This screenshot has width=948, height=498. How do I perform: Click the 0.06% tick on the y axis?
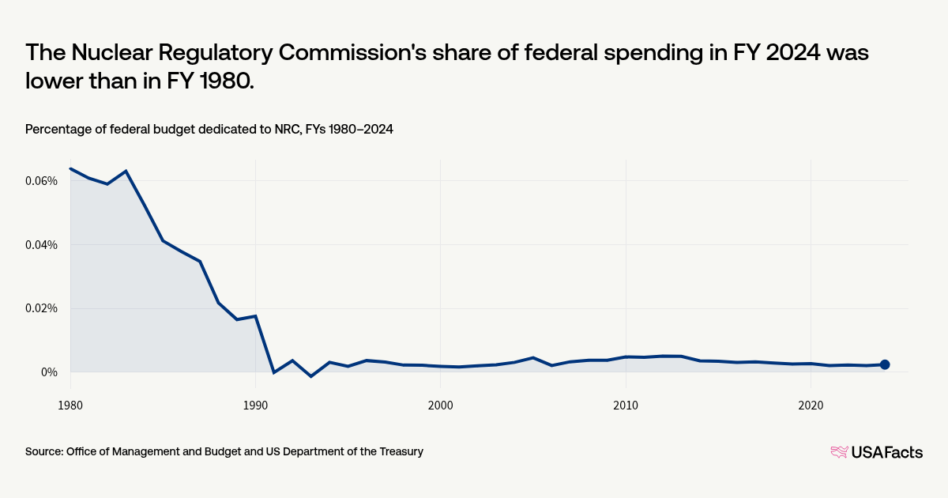pos(41,181)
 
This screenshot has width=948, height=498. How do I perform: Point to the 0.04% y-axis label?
pos(41,244)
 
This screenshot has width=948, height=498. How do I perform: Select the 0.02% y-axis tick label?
pos(41,308)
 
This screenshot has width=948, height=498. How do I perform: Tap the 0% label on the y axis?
pos(48,372)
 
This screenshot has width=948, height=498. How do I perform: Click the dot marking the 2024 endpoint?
pos(885,364)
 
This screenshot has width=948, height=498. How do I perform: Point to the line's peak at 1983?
pos(126,171)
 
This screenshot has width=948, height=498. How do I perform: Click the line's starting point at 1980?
pos(71,168)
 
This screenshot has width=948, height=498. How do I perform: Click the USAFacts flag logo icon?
pos(839,452)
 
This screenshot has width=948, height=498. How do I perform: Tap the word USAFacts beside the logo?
pos(886,452)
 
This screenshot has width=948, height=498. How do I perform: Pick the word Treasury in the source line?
pos(400,451)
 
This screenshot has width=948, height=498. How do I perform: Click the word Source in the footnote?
pos(44,451)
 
